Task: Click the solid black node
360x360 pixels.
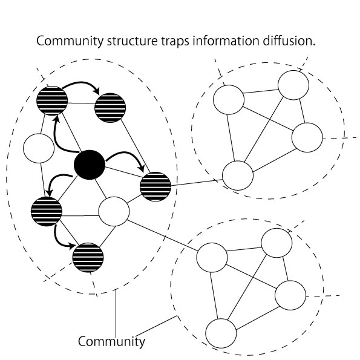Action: [x=90, y=165]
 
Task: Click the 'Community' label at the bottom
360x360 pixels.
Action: [x=111, y=341]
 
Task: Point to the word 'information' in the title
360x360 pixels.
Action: [x=226, y=41]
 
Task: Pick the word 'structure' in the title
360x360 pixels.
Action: [x=133, y=41]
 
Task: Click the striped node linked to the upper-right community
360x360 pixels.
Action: [x=155, y=186]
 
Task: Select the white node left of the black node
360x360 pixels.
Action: [x=39, y=148]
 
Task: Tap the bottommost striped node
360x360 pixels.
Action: [x=88, y=257]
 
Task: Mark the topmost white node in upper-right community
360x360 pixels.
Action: [x=293, y=85]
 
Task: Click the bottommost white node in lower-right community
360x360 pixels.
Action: [x=221, y=333]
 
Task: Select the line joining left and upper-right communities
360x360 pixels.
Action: [x=197, y=182]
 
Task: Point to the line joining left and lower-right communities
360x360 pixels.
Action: [x=162, y=235]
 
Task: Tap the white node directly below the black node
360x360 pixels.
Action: [x=114, y=211]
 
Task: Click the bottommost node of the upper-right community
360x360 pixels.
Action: [x=238, y=175]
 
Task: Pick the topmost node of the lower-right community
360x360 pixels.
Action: [x=277, y=243]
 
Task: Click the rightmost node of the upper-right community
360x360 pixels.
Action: [x=307, y=137]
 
